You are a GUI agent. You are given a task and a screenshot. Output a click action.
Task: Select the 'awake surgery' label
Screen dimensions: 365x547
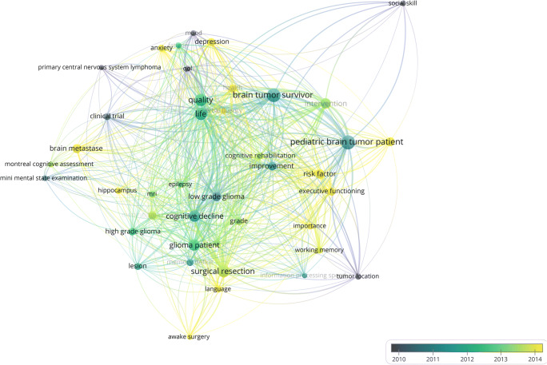190,337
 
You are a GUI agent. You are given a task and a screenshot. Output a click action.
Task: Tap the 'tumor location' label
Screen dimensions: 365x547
357,276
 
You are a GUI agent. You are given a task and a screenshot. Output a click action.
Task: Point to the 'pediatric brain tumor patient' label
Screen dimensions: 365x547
357,142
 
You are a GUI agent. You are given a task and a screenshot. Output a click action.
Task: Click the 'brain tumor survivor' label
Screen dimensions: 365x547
273,96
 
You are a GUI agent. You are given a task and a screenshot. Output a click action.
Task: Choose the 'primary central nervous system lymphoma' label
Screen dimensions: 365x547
99,67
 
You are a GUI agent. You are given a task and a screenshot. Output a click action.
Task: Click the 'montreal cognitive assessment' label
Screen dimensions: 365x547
49,164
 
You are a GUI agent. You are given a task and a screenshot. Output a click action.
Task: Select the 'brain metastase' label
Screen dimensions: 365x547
76,149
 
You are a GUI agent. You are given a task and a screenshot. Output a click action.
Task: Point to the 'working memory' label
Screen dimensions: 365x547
319,250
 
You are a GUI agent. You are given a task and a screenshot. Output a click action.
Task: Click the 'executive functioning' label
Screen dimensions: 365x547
332,192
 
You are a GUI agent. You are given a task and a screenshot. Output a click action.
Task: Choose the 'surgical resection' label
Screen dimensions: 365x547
222,272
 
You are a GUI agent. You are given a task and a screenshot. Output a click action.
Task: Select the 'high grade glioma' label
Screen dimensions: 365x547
133,232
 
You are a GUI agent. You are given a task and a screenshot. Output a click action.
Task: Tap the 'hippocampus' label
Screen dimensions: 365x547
118,191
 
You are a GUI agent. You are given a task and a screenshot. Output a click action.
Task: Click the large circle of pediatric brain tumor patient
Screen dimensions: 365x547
346,143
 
